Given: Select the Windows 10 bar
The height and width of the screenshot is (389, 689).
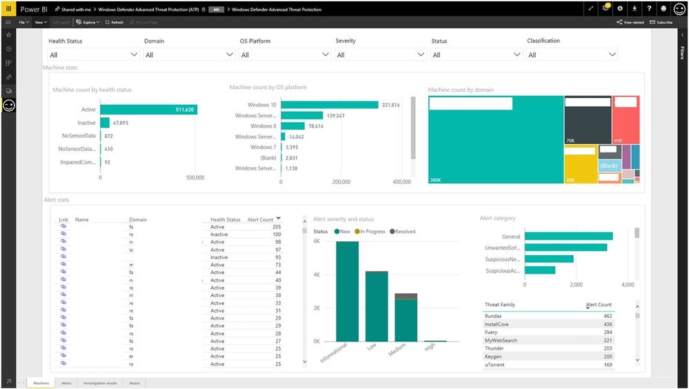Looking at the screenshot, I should coord(330,105).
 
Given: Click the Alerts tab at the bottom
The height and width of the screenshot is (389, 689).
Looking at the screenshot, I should coord(66,383).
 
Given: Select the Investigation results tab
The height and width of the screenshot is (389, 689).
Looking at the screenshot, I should coord(101,383).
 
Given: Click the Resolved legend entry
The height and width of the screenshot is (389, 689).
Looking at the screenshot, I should coord(403,232).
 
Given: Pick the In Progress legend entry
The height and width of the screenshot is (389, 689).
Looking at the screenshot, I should coord(371,232).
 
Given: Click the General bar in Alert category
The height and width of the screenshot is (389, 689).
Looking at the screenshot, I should coord(569,236).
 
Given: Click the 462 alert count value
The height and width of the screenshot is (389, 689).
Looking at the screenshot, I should coord(608,316).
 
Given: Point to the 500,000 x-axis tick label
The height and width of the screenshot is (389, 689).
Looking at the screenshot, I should coord(195,178).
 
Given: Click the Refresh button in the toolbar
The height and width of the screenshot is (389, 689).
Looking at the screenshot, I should coord(115,22).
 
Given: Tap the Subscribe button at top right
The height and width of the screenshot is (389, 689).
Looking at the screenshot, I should coord(661,22).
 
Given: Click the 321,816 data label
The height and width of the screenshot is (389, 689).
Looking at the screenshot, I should coord(391,105).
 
